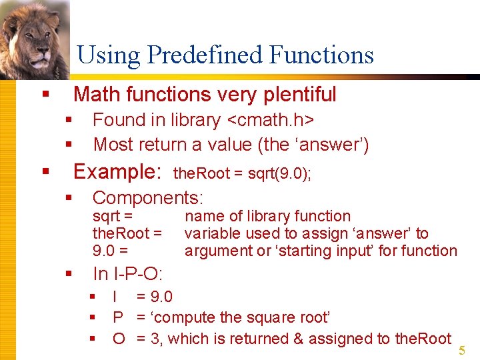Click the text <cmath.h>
(x=271, y=120)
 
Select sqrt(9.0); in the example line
(x=279, y=174)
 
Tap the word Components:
(x=148, y=197)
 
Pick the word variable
(x=210, y=233)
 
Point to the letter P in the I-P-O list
(x=118, y=317)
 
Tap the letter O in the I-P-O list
(x=119, y=339)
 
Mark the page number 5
(x=463, y=351)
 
